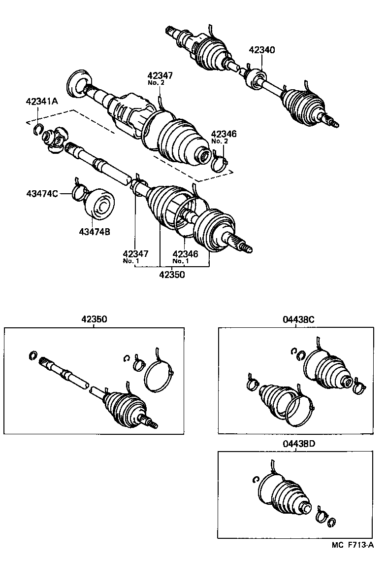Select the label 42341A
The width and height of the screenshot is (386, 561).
(42, 102)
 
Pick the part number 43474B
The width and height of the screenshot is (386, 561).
(94, 231)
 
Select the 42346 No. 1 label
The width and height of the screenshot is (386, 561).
(184, 256)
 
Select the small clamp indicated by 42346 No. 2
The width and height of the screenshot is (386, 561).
(221, 164)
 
